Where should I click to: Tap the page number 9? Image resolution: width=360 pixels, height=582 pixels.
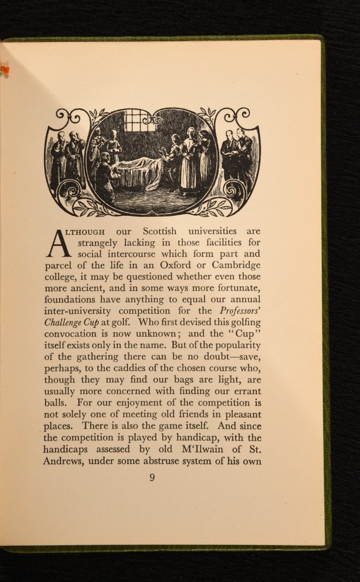coord(152,478)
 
